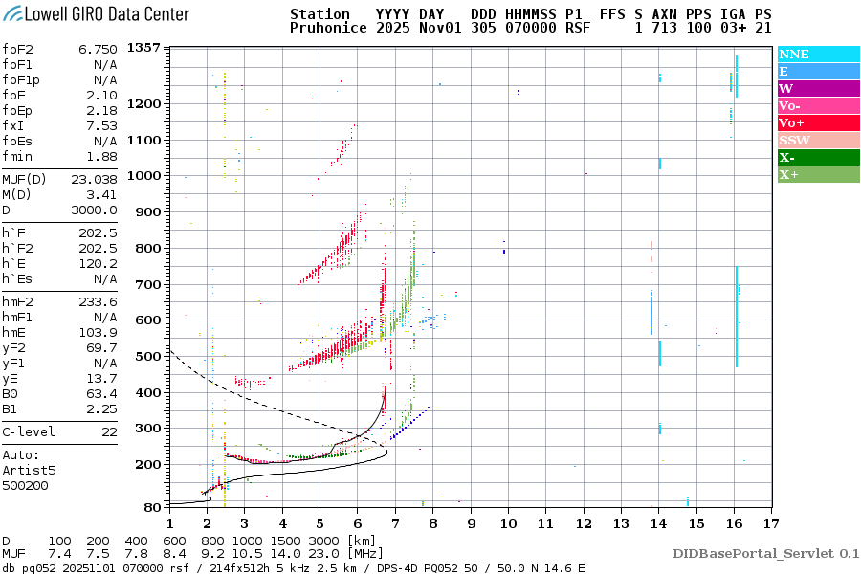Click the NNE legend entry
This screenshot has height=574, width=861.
794,55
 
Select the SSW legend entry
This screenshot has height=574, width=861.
795,141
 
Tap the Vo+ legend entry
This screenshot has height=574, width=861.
792,123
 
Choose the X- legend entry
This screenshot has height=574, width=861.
787,158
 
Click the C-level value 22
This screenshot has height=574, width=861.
108,431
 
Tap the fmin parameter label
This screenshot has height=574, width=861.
18,156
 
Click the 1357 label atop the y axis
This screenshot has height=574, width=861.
143,48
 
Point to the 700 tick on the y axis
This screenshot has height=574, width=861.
147,284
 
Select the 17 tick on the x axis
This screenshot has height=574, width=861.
771,523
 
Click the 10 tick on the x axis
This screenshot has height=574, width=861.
508,523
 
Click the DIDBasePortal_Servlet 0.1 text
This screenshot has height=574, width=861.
765,553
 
